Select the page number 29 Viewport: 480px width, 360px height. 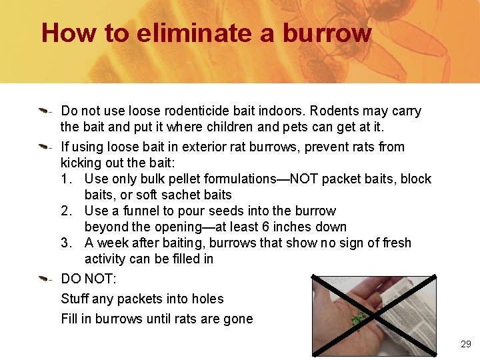[465, 344]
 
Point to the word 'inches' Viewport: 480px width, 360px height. [305, 227]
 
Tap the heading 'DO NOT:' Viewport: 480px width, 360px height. [88, 279]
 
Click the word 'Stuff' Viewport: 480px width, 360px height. [75, 299]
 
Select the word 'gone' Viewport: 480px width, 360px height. [238, 319]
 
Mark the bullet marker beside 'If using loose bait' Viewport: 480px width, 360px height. [43, 144]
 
